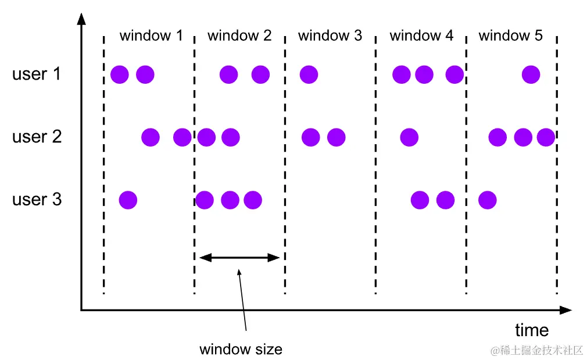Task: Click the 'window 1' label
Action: (x=151, y=35)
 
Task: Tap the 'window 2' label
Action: (x=239, y=35)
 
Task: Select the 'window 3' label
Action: (x=330, y=35)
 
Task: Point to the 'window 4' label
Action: (x=421, y=35)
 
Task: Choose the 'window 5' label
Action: (x=511, y=35)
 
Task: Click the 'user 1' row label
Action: (x=36, y=74)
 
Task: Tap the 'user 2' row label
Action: (x=37, y=137)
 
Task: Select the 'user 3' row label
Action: (x=37, y=199)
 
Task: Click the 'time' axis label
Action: (x=532, y=330)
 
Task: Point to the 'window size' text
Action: (x=241, y=349)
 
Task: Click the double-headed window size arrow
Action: (x=239, y=258)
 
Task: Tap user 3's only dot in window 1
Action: (x=128, y=200)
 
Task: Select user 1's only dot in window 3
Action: (x=309, y=74)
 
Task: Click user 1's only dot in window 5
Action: (x=531, y=74)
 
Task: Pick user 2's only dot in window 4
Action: (x=409, y=137)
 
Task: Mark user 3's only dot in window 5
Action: (x=488, y=200)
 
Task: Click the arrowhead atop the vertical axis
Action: (x=81, y=19)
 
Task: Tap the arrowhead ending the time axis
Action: (x=565, y=310)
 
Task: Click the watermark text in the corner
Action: (x=536, y=350)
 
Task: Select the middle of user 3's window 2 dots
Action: (x=230, y=200)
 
